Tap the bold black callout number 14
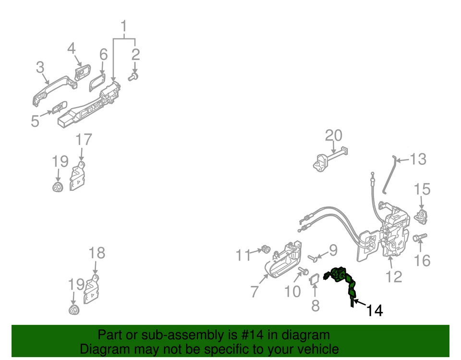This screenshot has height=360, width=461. (375, 311)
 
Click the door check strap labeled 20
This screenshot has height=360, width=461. (331, 159)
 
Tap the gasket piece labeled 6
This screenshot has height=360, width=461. (98, 82)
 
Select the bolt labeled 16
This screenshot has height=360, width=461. (419, 237)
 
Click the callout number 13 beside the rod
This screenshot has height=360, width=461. (418, 159)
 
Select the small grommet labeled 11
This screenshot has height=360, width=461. (264, 249)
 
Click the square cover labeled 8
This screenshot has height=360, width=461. (315, 279)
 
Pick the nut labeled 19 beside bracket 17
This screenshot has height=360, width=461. (58, 186)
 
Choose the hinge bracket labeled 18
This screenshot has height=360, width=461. (91, 289)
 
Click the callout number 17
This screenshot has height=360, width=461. (84, 140)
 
